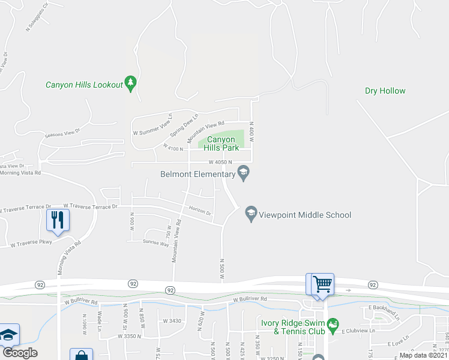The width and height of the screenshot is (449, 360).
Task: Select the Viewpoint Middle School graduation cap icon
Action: [251, 214]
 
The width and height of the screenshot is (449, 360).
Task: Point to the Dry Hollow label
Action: [385, 91]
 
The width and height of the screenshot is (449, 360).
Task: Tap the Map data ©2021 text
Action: [423, 355]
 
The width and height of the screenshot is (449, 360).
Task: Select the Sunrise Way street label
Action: [154, 242]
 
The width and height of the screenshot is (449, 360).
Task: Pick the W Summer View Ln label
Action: [152, 124]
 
